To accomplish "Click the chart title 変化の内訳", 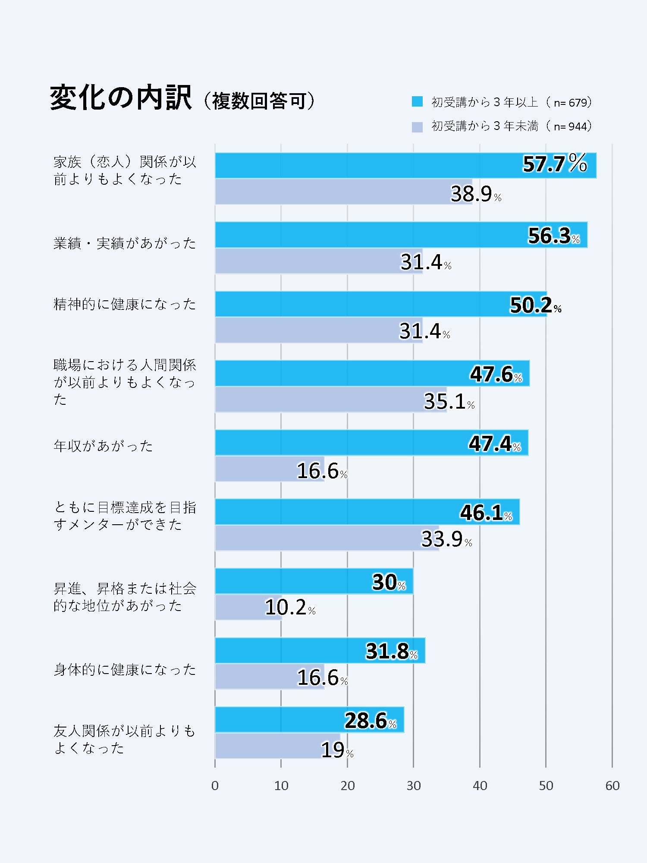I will click(121, 98).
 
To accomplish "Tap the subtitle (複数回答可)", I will click(259, 101).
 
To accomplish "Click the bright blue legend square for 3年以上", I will click(417, 102).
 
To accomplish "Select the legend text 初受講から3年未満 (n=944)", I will click(512, 126).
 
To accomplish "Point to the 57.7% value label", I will click(555, 164).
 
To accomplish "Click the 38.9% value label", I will click(476, 194).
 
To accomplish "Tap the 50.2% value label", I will click(535, 305).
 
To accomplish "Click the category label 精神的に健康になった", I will click(125, 304).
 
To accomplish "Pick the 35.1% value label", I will click(449, 401).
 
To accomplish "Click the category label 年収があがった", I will click(104, 446).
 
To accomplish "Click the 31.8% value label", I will click(392, 651).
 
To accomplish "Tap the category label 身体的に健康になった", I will click(125, 670).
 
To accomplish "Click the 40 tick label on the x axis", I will click(480, 786).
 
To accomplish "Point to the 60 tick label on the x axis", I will click(612, 786).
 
